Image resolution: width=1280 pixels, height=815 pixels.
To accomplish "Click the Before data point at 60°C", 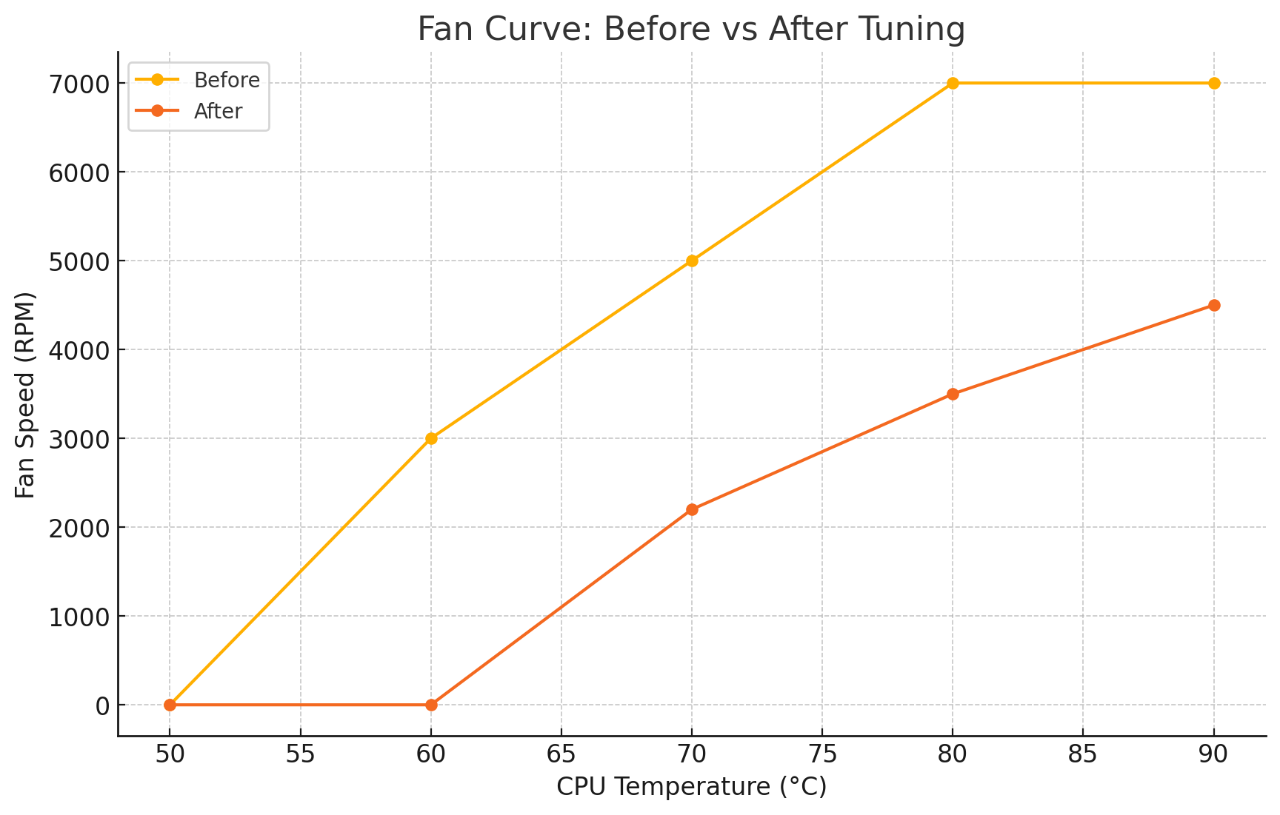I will [431, 438].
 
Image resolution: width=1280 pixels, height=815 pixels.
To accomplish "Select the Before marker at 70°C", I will [692, 261].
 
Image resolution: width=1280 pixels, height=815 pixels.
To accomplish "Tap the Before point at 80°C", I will [953, 83].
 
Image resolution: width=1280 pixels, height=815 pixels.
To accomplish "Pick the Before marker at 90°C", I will [1214, 83].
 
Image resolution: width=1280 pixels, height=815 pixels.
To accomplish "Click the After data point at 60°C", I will [431, 705].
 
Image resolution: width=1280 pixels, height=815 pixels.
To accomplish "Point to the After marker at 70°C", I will [692, 509].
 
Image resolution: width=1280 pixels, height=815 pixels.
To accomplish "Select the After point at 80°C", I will [953, 394].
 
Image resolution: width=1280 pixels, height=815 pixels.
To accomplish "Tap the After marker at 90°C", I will [1214, 305].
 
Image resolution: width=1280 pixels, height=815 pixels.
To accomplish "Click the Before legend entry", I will [226, 80].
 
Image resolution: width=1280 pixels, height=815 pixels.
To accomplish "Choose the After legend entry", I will [218, 111].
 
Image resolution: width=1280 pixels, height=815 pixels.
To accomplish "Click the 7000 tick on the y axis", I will [79, 84].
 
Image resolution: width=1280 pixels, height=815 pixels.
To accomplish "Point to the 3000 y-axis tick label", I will [79, 439].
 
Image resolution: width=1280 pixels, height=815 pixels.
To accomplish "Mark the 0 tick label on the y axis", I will [102, 705].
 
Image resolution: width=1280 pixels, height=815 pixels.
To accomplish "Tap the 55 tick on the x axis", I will [301, 754].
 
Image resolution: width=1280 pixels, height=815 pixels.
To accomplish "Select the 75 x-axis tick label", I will [822, 754].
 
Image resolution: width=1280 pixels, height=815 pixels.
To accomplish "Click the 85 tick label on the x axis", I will [1083, 754].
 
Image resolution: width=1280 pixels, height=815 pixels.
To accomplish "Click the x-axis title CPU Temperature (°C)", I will [691, 787].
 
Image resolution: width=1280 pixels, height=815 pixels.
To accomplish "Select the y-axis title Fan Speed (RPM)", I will [26, 395].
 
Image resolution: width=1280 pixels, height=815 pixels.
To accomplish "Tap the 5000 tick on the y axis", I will [79, 261].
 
